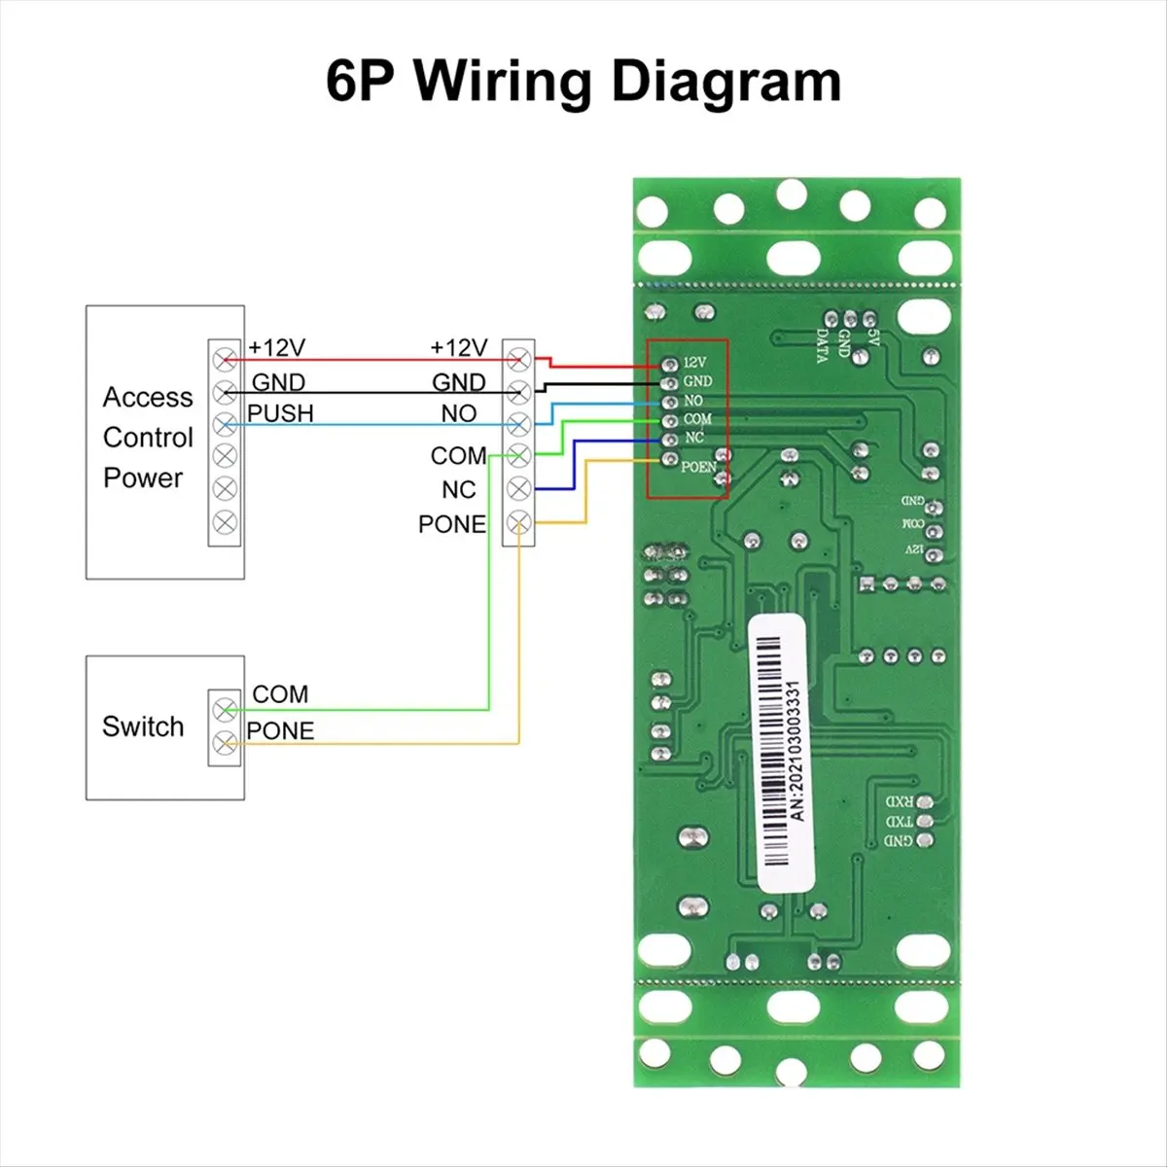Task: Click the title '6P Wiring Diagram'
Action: (x=583, y=82)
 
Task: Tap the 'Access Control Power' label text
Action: (x=147, y=438)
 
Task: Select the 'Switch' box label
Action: (x=143, y=726)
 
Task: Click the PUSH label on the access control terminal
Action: (x=280, y=413)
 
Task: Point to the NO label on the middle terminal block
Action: (x=458, y=413)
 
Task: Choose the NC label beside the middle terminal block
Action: (x=458, y=489)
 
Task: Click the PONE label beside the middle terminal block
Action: (x=451, y=524)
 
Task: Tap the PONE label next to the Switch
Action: (x=280, y=730)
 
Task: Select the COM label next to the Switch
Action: (x=280, y=694)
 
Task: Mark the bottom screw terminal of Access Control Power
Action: (x=226, y=522)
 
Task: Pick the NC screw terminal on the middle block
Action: (x=519, y=489)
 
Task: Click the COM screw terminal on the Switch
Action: (x=226, y=707)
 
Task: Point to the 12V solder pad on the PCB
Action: (x=668, y=363)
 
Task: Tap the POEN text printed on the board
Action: (x=698, y=467)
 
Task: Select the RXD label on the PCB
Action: (x=899, y=802)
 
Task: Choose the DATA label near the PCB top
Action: (x=823, y=345)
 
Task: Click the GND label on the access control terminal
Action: (x=278, y=382)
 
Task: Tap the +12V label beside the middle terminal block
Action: (x=458, y=347)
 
